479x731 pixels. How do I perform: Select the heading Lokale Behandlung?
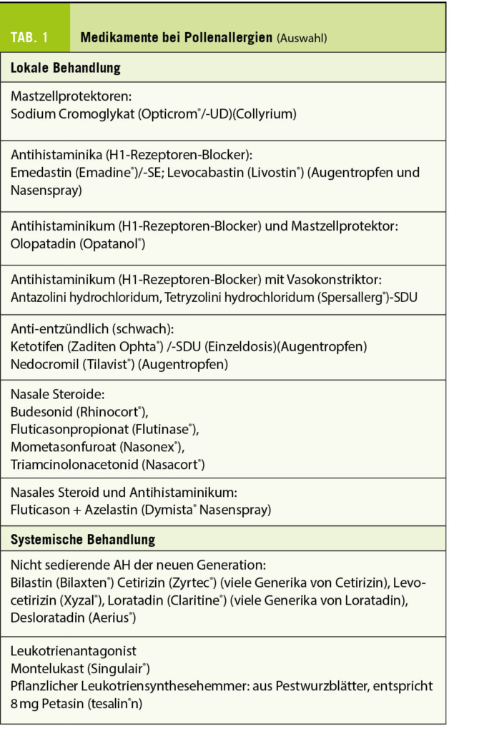(x=66, y=69)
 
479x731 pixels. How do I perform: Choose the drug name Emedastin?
(x=42, y=173)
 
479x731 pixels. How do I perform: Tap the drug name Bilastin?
(x=36, y=583)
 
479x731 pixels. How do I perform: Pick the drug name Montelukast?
(x=47, y=669)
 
